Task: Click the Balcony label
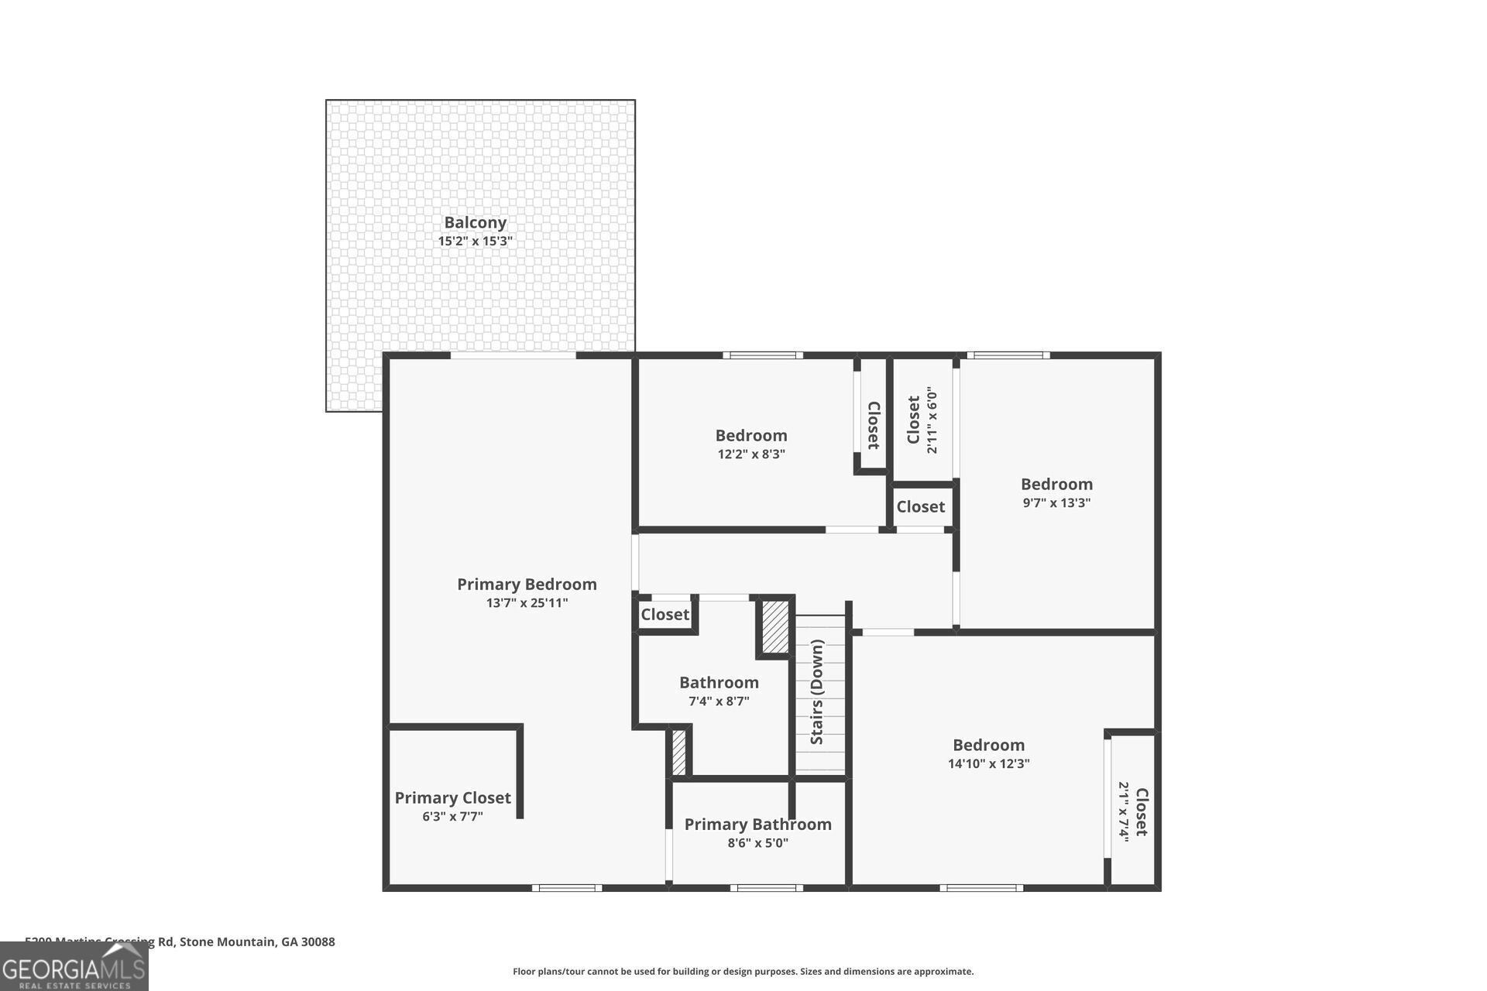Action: tap(475, 222)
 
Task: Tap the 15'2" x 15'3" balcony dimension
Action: tap(475, 242)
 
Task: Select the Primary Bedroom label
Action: tap(527, 585)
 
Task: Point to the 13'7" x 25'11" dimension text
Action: tap(527, 603)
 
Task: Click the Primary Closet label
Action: tap(452, 797)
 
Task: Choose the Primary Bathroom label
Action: tap(757, 825)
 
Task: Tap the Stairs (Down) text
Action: tap(817, 692)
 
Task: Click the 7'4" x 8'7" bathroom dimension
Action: tap(719, 701)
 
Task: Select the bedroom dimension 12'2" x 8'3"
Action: tap(751, 454)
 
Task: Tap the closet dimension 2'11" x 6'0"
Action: tap(932, 420)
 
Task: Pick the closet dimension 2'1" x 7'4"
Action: tap(1123, 811)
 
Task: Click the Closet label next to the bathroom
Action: tap(665, 615)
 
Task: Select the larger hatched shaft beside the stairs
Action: tap(774, 626)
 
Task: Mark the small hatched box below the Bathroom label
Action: tap(678, 752)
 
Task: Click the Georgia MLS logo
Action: tap(74, 968)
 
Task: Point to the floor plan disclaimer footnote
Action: tap(743, 972)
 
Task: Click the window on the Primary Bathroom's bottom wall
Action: tap(765, 887)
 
